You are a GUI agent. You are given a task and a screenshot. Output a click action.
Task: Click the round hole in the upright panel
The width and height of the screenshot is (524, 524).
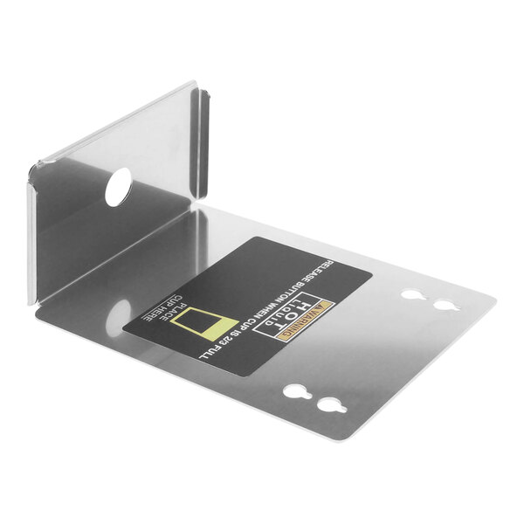coord(118,185)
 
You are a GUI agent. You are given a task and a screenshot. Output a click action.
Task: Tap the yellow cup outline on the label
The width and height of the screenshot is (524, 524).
coord(214,324)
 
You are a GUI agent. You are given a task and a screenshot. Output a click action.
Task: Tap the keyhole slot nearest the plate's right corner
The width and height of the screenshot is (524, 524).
coord(444,307)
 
